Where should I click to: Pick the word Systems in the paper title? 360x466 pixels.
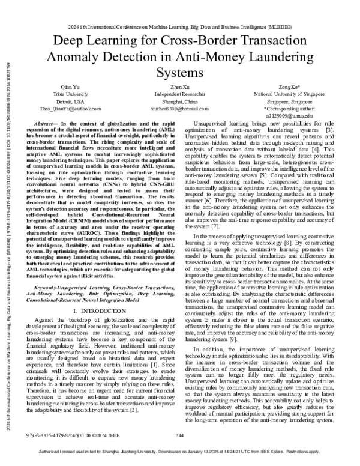click(179, 73)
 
